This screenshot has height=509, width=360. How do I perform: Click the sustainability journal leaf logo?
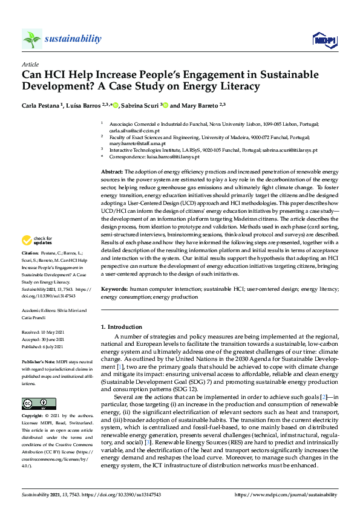point(31,39)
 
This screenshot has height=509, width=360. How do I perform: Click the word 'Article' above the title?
point(30,63)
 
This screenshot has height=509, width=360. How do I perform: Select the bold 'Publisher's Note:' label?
point(38,361)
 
